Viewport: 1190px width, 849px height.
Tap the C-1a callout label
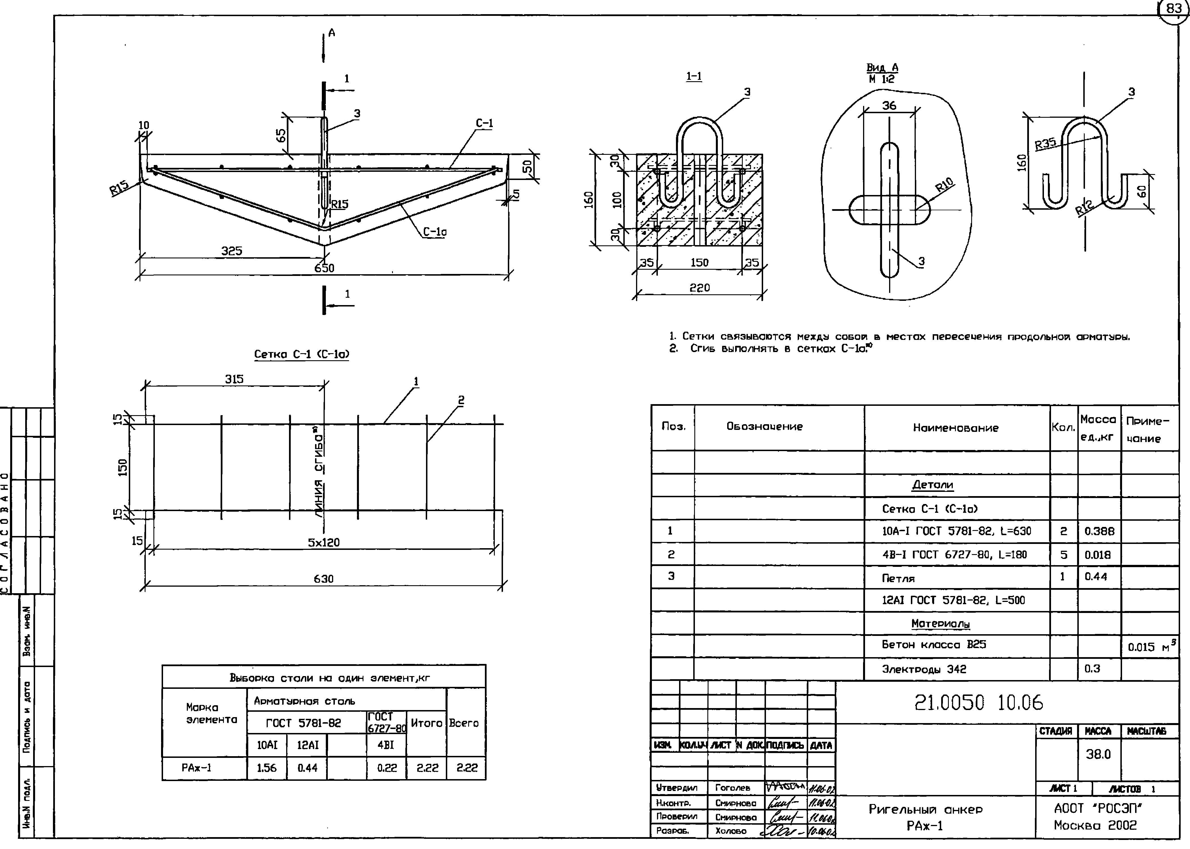[x=435, y=232]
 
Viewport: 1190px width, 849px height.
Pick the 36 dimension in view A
[x=889, y=106]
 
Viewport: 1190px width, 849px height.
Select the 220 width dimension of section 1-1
[x=699, y=288]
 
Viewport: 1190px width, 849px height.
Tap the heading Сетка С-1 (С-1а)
[x=302, y=354]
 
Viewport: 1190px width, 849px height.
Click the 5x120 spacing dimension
[x=324, y=543]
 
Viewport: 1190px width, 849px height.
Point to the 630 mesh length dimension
[x=324, y=579]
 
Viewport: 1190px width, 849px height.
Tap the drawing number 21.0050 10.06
[x=979, y=703]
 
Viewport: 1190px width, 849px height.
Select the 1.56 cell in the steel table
[x=267, y=768]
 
